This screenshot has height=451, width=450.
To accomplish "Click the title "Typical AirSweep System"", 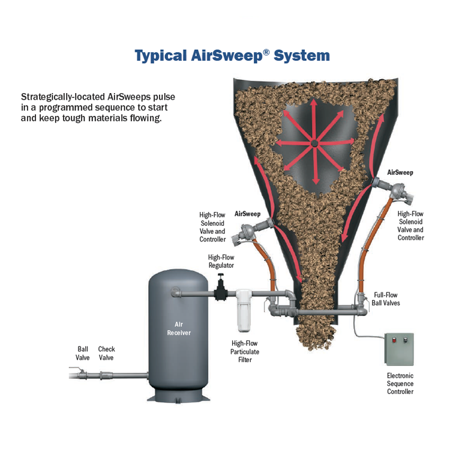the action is click(232, 56).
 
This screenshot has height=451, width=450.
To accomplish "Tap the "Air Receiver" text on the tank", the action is click(179, 328).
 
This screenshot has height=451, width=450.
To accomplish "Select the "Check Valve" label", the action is click(106, 353).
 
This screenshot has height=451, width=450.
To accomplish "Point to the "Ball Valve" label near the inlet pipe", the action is click(83, 353).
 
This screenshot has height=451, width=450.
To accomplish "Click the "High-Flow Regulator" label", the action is click(221, 261).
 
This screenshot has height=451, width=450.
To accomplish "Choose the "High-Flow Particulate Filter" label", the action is click(245, 351).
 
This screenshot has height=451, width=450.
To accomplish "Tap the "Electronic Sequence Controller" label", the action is click(400, 383).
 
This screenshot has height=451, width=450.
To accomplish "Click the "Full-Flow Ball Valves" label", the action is click(386, 299).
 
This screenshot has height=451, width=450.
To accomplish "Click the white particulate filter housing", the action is click(244, 310).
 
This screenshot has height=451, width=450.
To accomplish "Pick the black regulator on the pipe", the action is click(221, 288).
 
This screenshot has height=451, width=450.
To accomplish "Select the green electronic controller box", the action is click(399, 349).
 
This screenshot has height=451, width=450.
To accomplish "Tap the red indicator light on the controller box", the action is click(394, 341).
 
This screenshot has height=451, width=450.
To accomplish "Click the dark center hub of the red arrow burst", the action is click(314, 143).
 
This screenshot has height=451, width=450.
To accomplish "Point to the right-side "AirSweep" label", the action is click(400, 172).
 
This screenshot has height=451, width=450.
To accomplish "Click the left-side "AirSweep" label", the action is click(247, 214).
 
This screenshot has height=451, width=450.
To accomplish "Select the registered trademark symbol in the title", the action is click(266, 52).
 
